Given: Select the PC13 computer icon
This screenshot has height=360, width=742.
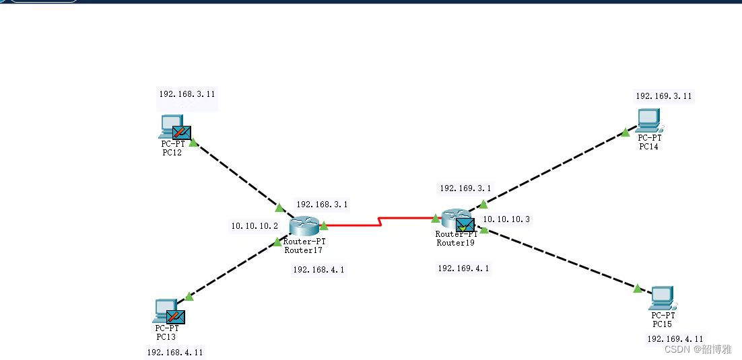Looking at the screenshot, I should click(164, 310).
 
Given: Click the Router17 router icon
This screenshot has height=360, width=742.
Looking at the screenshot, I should click(304, 227).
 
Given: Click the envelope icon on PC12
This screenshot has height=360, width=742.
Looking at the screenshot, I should click(181, 133).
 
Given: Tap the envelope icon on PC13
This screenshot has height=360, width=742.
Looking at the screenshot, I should click(176, 316).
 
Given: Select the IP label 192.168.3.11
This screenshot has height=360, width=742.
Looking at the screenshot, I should click(187, 94).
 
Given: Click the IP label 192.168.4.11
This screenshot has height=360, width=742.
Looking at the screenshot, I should click(174, 352).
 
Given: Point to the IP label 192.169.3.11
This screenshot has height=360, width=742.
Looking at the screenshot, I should click(663, 96).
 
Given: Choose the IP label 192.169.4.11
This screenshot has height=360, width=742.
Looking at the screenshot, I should click(675, 339).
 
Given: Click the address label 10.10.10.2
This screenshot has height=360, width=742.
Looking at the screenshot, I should click(255, 226).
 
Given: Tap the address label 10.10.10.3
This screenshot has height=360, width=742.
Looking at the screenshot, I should click(506, 219).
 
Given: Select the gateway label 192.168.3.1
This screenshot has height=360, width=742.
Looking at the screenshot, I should click(322, 205).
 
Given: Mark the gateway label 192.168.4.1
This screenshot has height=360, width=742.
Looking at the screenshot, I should click(318, 269).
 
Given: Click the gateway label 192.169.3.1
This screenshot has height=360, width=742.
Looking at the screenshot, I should click(465, 189).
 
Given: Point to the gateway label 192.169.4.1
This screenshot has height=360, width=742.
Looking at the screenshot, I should click(463, 268).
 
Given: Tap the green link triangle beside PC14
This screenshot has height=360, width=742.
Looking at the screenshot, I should click(626, 132).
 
